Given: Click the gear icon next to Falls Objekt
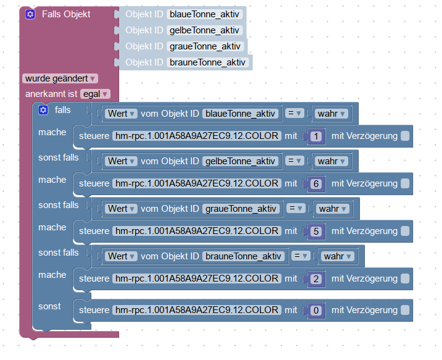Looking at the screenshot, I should (x=30, y=14).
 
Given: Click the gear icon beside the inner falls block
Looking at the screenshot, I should (x=43, y=110).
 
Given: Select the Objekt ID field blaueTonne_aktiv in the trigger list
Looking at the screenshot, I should (x=205, y=14).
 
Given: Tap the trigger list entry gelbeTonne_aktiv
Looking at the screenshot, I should (x=205, y=30).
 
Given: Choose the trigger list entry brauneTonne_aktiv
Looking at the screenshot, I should (x=207, y=62).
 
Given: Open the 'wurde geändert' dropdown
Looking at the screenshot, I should (x=60, y=78).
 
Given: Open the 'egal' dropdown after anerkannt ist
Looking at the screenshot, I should (x=96, y=94).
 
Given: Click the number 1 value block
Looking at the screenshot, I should (x=316, y=136).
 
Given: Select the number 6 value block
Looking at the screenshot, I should (x=316, y=184).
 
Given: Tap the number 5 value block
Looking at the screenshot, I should (x=316, y=232).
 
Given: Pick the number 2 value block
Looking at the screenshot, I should (x=316, y=279).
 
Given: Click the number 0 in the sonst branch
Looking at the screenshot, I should (x=316, y=311).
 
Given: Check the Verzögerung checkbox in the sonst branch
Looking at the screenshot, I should (x=405, y=310).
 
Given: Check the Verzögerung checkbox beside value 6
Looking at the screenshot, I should (x=405, y=183).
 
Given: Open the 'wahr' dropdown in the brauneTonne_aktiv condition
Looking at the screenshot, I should (x=338, y=256).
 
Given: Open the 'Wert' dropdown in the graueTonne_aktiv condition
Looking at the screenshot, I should (x=122, y=209).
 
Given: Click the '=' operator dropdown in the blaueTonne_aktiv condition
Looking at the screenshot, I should (x=296, y=114).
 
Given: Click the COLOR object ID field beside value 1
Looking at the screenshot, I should (x=196, y=136).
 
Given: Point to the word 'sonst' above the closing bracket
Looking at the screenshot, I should (x=49, y=306).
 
